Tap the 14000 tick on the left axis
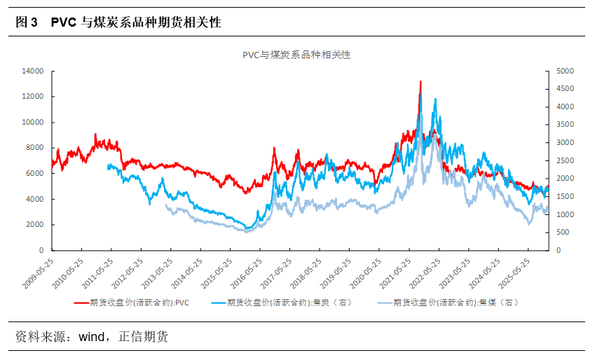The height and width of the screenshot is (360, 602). (33, 71)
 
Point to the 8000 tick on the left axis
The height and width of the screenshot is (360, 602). (35, 148)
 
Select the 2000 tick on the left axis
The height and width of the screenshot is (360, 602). (35, 225)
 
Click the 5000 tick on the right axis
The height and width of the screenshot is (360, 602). (565, 71)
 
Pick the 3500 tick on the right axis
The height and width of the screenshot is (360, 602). (565, 125)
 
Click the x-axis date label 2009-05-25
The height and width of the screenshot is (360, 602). (37, 274)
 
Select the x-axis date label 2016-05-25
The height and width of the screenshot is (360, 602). (248, 274)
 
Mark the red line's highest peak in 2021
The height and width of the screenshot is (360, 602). (420, 81)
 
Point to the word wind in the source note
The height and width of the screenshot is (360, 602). (90, 338)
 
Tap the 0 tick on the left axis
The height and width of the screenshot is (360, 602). (41, 250)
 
